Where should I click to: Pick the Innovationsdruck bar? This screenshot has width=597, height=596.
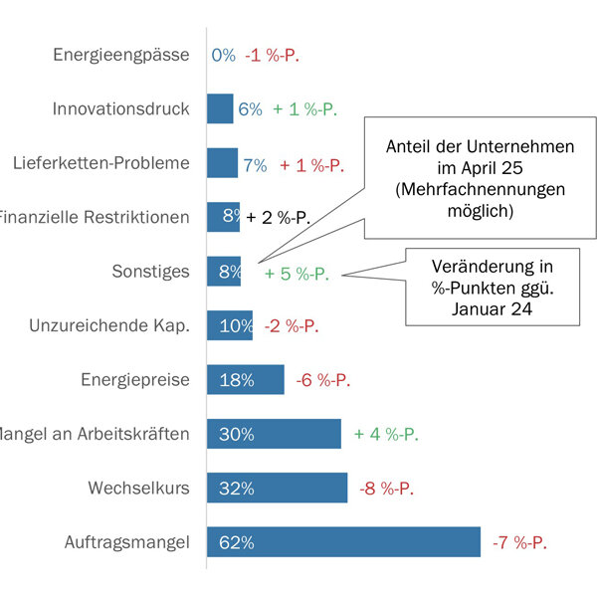point(219,109)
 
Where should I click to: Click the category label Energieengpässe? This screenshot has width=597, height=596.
point(121,55)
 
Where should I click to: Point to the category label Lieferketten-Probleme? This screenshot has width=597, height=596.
point(101,163)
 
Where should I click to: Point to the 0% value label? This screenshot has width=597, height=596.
point(224,56)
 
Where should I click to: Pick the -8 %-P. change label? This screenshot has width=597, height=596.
point(385,489)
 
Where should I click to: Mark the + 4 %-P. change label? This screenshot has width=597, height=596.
point(386,435)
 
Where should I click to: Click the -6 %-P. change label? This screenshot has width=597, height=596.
point(323,380)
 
